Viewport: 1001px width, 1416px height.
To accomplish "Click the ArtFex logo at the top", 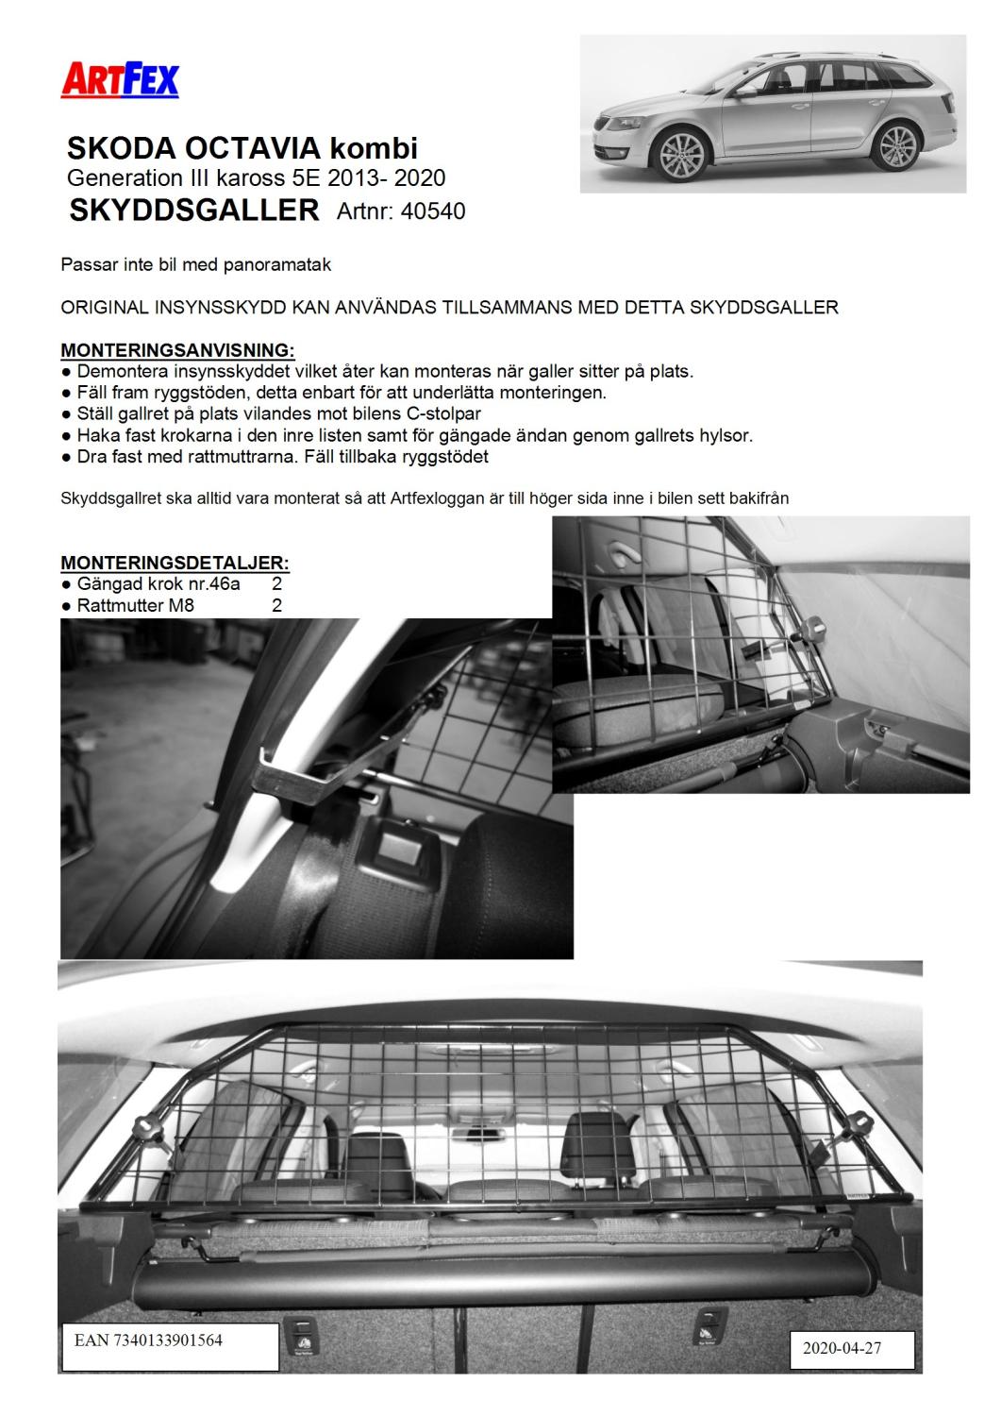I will tap(119, 79).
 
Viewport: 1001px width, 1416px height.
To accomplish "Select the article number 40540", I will tap(433, 211).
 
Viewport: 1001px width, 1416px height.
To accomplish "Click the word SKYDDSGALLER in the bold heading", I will tap(194, 210).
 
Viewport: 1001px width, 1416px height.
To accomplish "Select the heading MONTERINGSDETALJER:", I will tap(175, 563).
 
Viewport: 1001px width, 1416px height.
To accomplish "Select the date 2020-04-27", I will tap(842, 1348).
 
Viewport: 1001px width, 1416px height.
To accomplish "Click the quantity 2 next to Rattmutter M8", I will tap(276, 605).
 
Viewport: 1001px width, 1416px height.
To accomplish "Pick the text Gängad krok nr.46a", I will tap(158, 584).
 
